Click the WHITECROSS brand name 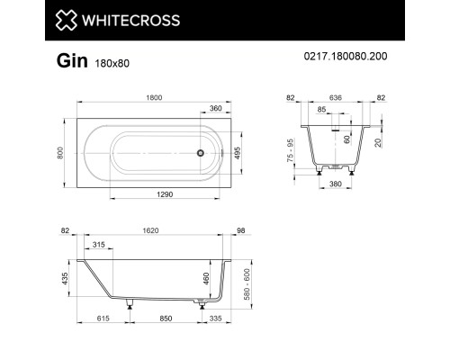(103, 20)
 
